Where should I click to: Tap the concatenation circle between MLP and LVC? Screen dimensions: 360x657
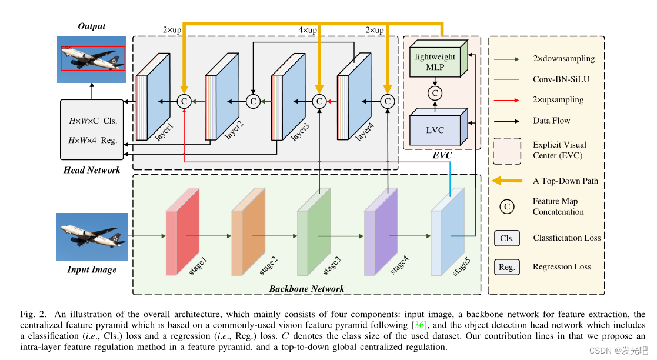point(435,93)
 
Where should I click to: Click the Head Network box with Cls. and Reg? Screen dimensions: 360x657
point(92,130)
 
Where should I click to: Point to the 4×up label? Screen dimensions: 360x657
point(308,30)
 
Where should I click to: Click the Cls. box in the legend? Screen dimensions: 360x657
point(506,238)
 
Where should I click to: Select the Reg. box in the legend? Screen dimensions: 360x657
point(506,267)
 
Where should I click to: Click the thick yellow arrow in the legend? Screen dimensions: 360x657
point(506,181)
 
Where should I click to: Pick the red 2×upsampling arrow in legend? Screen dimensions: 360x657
point(506,100)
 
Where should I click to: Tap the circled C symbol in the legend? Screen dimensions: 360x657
point(506,206)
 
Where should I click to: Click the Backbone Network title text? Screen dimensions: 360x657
point(306,289)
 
